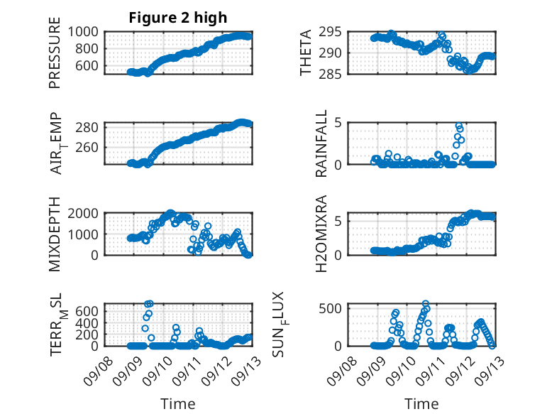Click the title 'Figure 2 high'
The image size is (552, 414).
tap(178, 18)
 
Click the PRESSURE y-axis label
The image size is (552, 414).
tap(55, 53)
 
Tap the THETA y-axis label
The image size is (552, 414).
tap(306, 53)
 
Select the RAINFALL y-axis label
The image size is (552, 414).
tap(321, 143)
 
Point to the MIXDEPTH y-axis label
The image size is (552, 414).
tap(55, 234)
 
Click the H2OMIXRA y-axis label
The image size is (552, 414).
tap(321, 234)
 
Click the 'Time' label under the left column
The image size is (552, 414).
tap(178, 403)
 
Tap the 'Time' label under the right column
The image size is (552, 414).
tap(422, 403)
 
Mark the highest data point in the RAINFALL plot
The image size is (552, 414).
tap(458, 126)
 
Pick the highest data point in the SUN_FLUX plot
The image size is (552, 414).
tap(426, 304)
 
